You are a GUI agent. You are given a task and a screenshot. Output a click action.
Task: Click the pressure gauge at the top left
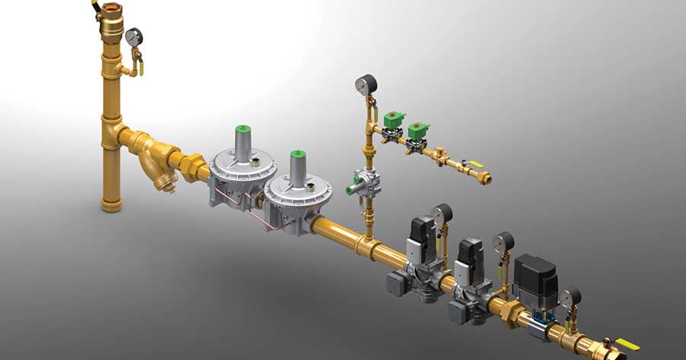point(134,36)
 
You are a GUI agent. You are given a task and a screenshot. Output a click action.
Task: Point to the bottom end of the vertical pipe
point(111,204)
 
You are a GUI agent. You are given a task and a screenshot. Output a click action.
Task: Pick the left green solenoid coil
point(395,121)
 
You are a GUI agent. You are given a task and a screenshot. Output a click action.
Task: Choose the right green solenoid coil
point(418,131)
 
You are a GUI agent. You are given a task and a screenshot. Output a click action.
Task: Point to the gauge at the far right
point(570,296)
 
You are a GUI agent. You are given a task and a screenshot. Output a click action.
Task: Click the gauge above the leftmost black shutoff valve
point(441,213)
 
